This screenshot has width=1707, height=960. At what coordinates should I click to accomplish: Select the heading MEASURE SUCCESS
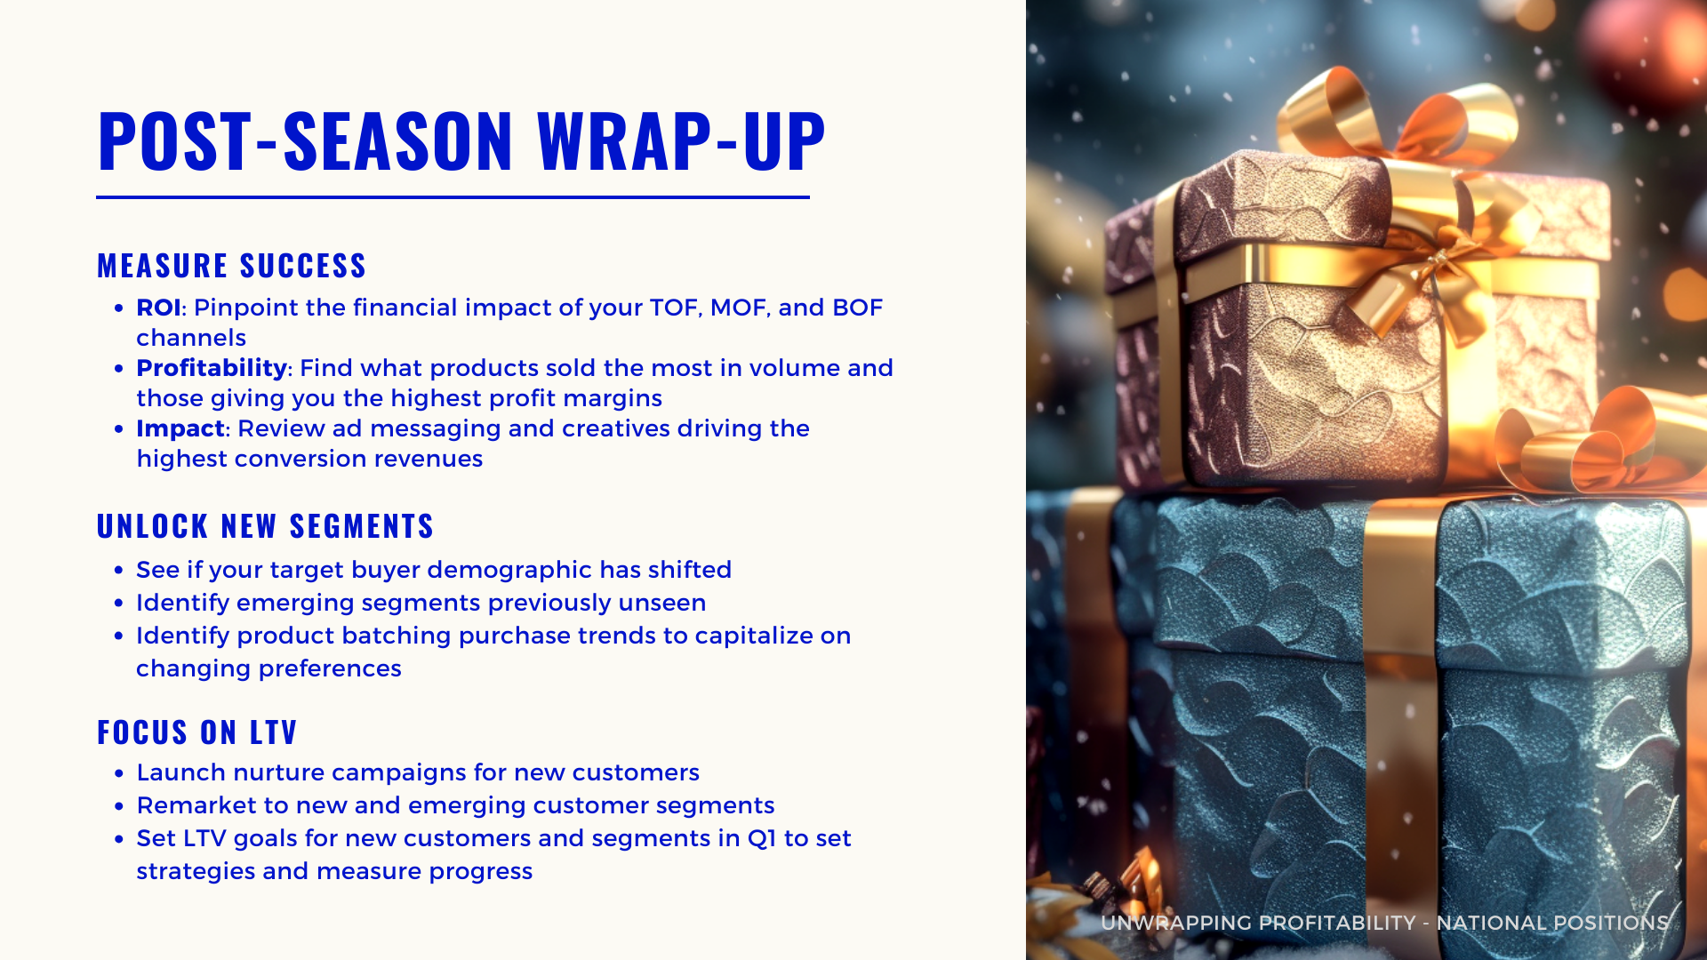[x=232, y=266]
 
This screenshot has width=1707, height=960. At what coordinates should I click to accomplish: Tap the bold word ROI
[x=158, y=308]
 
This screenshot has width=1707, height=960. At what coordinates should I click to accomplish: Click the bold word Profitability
[x=212, y=368]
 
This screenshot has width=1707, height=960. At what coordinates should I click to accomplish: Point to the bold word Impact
[x=180, y=428]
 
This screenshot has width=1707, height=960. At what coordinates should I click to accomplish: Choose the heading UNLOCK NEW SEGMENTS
[x=265, y=526]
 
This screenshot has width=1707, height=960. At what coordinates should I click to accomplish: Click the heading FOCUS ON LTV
[x=196, y=732]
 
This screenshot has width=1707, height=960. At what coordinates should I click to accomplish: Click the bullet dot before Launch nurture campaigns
[x=119, y=774]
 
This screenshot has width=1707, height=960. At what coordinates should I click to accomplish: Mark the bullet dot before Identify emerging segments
[x=119, y=604]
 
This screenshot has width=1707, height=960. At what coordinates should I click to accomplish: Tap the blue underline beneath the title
[x=453, y=197]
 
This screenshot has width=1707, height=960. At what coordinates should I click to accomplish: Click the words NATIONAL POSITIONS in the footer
[x=1552, y=923]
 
